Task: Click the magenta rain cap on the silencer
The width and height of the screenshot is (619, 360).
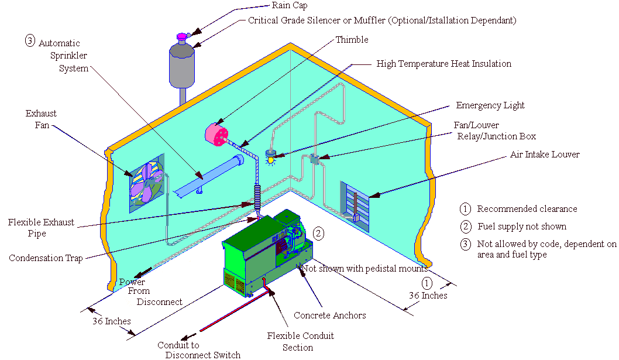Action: (x=182, y=37)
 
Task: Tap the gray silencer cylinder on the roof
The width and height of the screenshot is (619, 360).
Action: (x=181, y=64)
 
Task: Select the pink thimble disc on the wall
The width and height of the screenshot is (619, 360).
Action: (x=216, y=135)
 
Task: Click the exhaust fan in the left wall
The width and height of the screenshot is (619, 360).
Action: (x=146, y=182)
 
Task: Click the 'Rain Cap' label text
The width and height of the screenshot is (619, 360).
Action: (x=289, y=6)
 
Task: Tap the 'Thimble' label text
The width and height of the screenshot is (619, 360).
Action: (x=352, y=40)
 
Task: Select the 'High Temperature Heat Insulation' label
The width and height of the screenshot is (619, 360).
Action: (x=443, y=63)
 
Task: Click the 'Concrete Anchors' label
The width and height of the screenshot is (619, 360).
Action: (x=330, y=316)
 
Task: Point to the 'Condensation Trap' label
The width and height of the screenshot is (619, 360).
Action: (x=45, y=258)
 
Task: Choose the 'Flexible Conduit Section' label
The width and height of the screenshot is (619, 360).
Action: (x=300, y=341)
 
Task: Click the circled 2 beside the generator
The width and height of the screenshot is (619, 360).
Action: (x=319, y=233)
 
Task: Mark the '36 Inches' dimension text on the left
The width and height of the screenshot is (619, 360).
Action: (x=111, y=321)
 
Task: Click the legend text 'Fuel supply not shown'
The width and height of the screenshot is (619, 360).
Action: (x=522, y=226)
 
